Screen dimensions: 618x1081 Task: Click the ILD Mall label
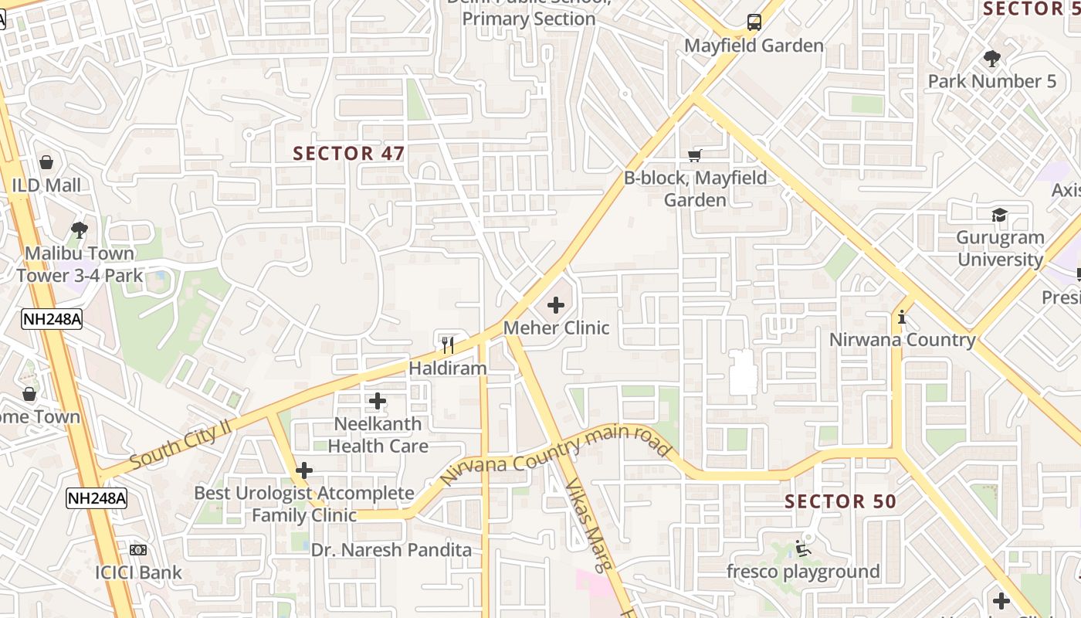tap(46, 185)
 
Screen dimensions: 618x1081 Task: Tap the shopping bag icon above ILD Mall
tap(46, 162)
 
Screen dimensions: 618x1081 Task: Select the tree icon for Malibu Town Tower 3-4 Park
tap(79, 229)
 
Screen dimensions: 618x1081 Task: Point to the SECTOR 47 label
tap(349, 153)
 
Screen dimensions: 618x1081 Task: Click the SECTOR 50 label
tap(840, 501)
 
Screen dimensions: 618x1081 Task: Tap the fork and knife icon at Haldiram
tap(447, 345)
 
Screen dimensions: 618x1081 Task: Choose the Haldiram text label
tap(448, 368)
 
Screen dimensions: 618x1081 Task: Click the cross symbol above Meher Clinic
tap(555, 305)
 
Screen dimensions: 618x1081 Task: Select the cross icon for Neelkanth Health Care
tap(377, 401)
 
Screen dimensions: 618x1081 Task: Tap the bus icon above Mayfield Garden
tap(754, 22)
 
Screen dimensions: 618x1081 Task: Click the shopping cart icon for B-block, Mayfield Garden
tap(695, 156)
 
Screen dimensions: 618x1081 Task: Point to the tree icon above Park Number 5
tap(992, 58)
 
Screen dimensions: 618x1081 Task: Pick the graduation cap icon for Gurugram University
tap(1000, 215)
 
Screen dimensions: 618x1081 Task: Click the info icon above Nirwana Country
tap(902, 317)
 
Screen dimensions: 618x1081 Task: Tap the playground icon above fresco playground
tap(803, 548)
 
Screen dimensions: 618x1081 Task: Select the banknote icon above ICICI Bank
tap(138, 550)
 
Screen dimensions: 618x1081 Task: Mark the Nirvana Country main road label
tap(554, 455)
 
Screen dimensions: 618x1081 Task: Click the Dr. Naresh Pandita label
tap(391, 550)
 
